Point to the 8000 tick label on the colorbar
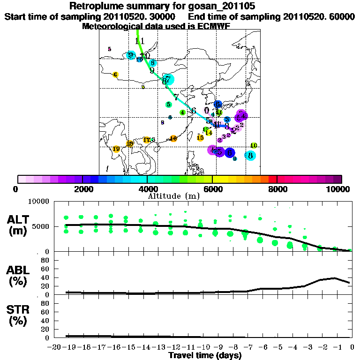(277, 189)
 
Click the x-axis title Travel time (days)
(205, 355)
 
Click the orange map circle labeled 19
(116, 149)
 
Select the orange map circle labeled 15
(200, 137)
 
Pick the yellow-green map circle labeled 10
(254, 146)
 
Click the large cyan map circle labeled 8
(250, 156)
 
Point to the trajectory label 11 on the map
(139, 41)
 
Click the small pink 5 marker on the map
(109, 49)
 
